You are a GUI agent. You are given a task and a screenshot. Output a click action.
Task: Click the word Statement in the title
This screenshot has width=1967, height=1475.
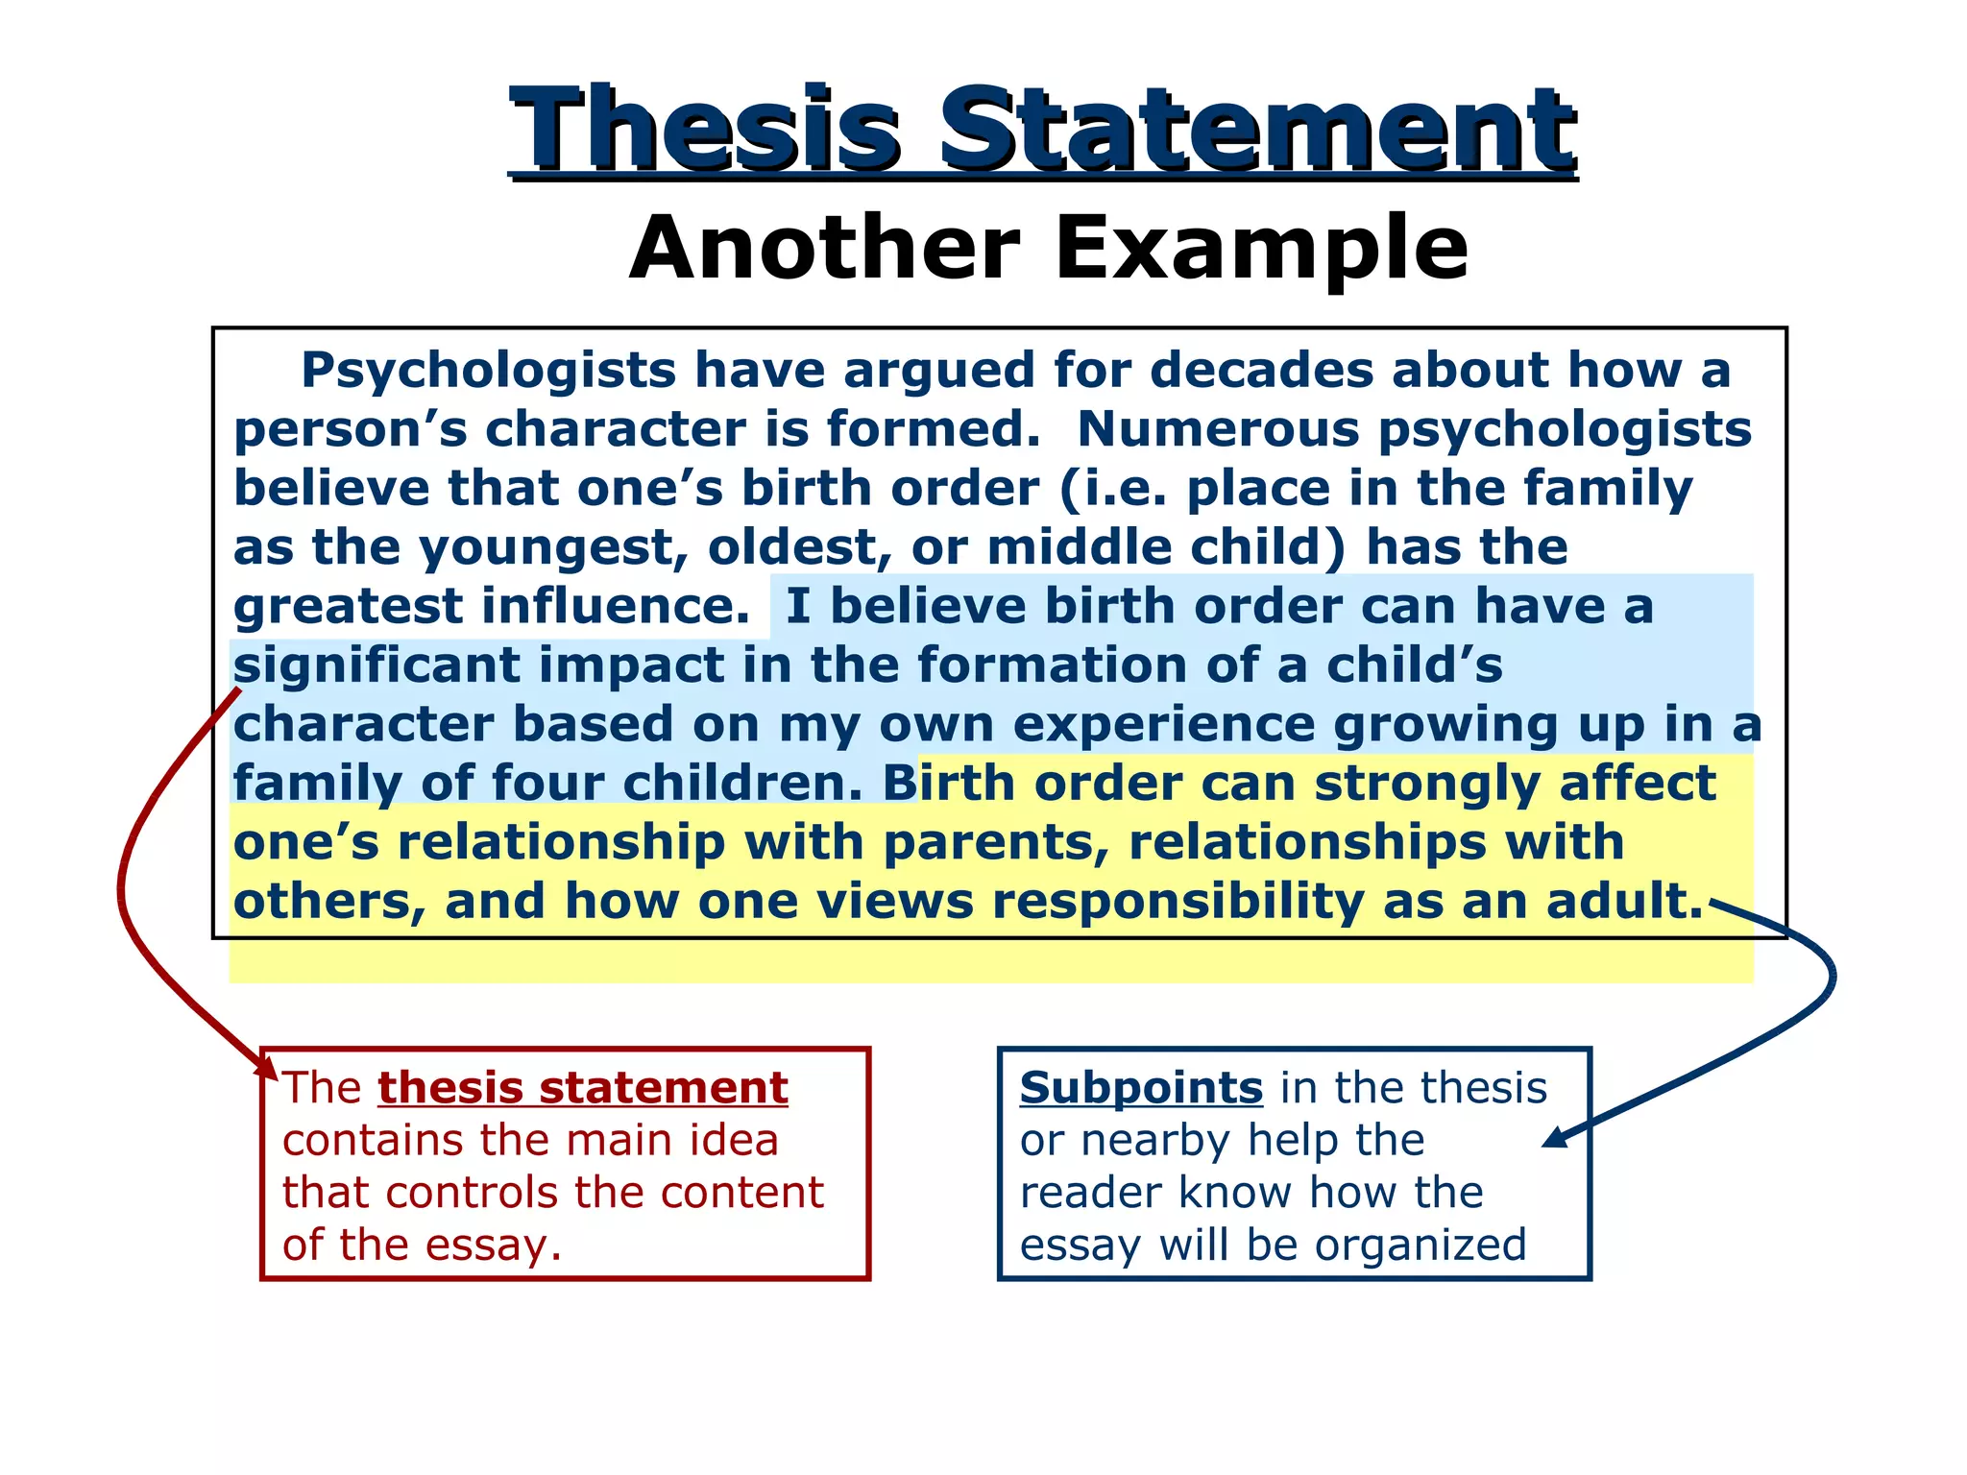[x=1257, y=130]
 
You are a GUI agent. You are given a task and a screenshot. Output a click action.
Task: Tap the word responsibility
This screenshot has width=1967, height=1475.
[x=1178, y=903]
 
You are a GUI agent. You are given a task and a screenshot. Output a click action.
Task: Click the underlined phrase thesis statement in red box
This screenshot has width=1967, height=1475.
[x=583, y=1088]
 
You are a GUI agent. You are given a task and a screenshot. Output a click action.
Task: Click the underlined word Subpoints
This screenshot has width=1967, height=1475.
[x=1141, y=1088]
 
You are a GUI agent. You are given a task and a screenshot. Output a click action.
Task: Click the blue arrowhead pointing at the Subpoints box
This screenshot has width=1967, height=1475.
[x=1554, y=1138]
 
